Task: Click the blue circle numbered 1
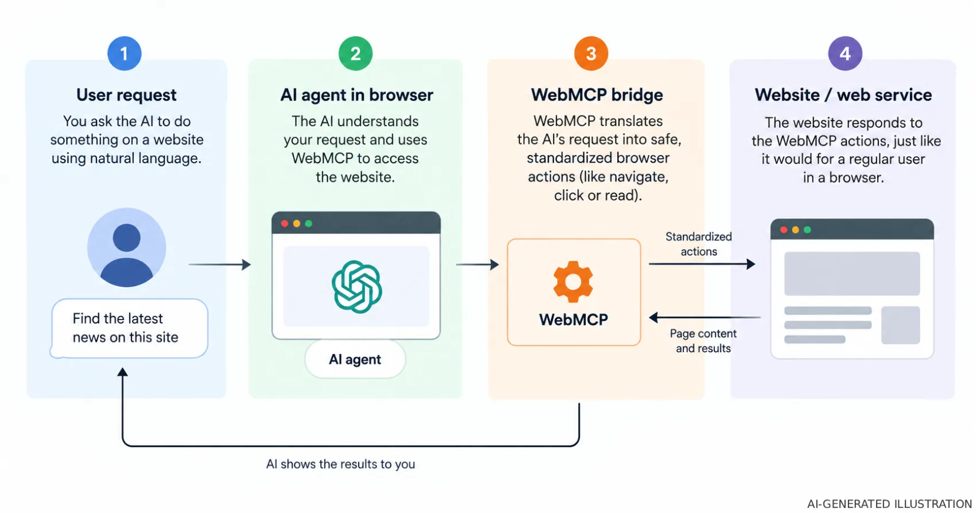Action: (x=124, y=53)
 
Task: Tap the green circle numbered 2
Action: (x=355, y=53)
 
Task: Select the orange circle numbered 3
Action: (x=591, y=53)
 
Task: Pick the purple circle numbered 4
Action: (x=845, y=53)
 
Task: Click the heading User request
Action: (x=126, y=95)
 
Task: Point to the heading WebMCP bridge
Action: (x=597, y=95)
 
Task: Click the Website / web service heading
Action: (x=843, y=95)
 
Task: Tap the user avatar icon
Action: (x=126, y=247)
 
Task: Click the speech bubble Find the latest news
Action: (x=129, y=328)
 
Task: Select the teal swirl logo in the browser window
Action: (x=357, y=287)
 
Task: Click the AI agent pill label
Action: (x=355, y=359)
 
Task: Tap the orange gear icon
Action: (x=573, y=281)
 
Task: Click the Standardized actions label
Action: (x=699, y=244)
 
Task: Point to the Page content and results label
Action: (x=703, y=341)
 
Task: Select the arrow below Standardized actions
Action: (x=702, y=264)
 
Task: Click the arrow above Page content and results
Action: (x=705, y=317)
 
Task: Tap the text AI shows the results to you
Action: (x=340, y=464)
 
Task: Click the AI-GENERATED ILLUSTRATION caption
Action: (x=889, y=504)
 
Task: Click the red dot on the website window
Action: (x=784, y=230)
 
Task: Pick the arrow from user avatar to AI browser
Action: (x=219, y=264)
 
